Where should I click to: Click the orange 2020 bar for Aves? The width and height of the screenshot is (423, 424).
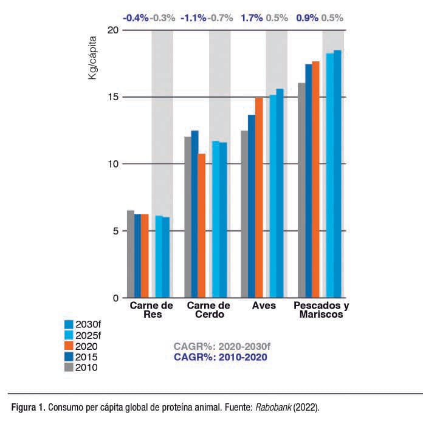point(259,197)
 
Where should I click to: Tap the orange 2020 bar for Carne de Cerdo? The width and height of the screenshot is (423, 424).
point(202,225)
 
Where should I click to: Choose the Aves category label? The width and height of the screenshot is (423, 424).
point(264,306)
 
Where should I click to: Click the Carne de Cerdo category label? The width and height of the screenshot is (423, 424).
point(208,310)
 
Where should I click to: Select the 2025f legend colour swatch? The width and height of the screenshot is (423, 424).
point(69,335)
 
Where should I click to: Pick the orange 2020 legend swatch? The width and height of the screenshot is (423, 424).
point(69,346)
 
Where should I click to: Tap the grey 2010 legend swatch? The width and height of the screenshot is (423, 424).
point(69,367)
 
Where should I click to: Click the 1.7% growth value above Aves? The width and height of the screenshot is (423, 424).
point(252,18)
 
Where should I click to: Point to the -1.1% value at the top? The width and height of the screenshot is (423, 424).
point(194,18)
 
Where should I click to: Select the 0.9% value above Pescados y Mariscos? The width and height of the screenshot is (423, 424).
point(307,18)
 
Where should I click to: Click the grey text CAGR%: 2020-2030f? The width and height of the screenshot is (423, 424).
point(221,347)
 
